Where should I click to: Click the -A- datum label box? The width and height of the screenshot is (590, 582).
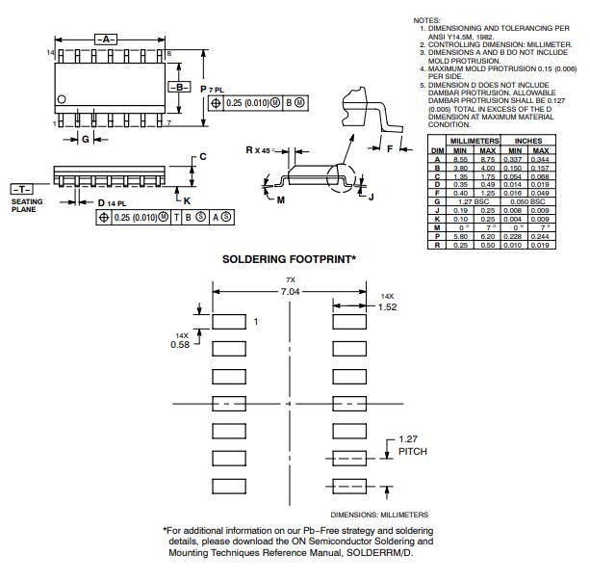point(106,39)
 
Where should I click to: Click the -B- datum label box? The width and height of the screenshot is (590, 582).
point(181,87)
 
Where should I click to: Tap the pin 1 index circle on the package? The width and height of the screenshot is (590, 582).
point(63,99)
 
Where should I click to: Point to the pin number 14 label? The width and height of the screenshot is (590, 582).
point(50,52)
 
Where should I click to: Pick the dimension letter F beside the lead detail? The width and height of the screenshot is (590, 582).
point(390,149)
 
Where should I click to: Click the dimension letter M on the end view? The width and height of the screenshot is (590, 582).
point(281,199)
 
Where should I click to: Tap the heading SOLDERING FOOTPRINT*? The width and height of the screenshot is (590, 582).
point(289,259)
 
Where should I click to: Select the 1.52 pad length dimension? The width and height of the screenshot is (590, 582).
point(387,306)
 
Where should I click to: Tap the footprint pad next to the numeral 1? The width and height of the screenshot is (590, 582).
point(228,321)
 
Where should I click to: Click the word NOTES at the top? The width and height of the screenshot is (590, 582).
point(427,20)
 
